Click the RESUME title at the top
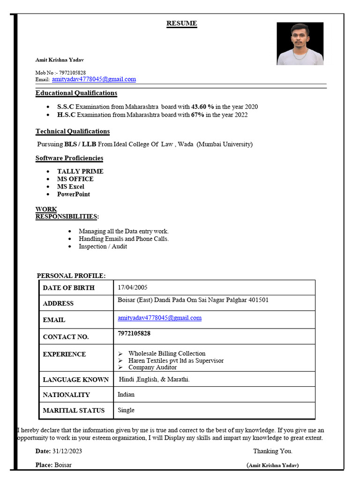pos(182,23)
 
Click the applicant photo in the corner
pos(300,44)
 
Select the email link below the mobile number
pos(94,79)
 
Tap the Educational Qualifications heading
pos(76,93)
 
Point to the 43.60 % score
pos(202,107)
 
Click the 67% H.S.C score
pos(197,115)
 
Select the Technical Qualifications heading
pos(73,131)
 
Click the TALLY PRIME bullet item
pos(80,172)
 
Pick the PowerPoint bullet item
pos(74,194)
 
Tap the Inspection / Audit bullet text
pos(103,247)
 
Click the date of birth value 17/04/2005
pos(133,287)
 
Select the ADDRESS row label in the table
pos(58,303)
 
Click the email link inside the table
pos(159,318)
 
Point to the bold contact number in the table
pos(134,333)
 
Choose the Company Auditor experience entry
pos(152,367)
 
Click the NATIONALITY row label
pos(66,395)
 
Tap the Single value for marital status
pos(126,410)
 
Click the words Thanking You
pos(272,451)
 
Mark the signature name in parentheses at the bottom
pos(272,465)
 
